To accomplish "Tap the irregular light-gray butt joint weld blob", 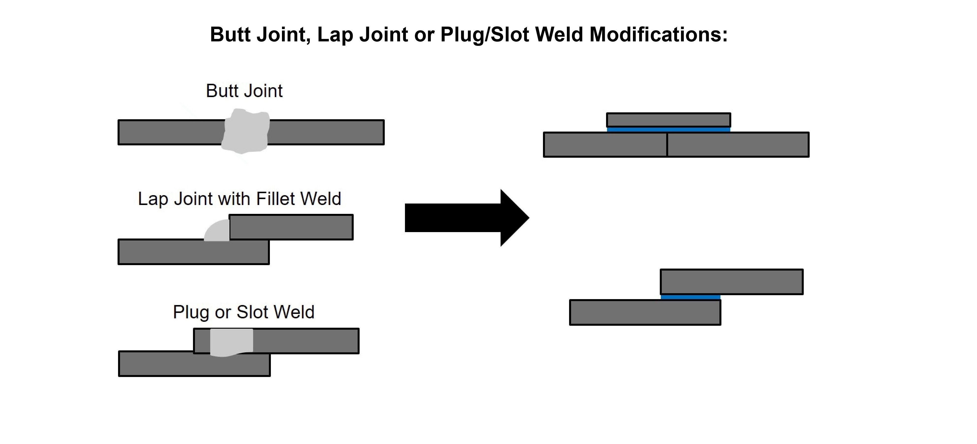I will coord(245,131).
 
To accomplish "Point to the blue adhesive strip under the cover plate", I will coord(668,130).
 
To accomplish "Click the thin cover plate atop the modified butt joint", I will coord(668,120).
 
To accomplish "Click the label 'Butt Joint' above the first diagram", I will coord(244,91).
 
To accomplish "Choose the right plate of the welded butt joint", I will coord(326,132).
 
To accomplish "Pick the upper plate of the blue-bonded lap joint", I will coord(731,282).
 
